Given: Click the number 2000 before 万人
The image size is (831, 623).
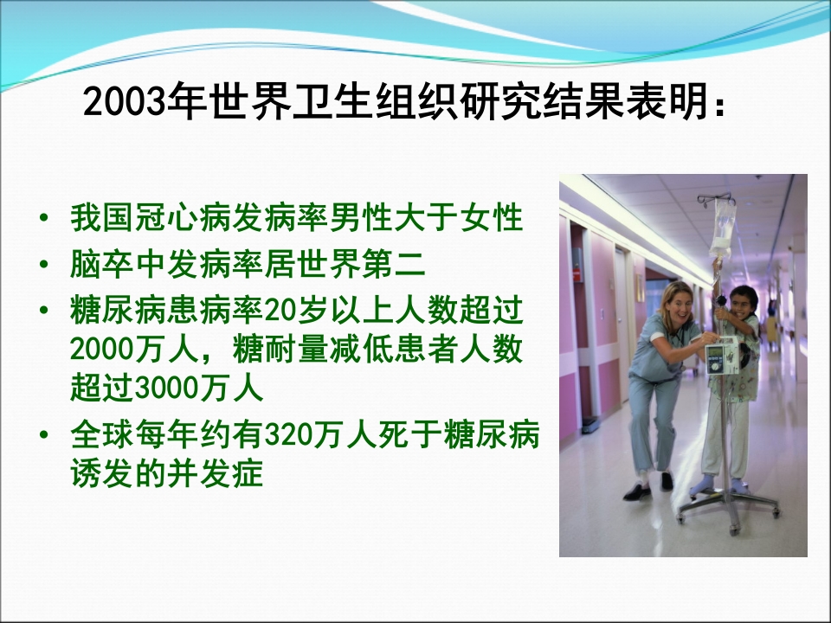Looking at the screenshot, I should coord(102,350).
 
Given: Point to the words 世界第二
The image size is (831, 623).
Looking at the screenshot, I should coord(382,264).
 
